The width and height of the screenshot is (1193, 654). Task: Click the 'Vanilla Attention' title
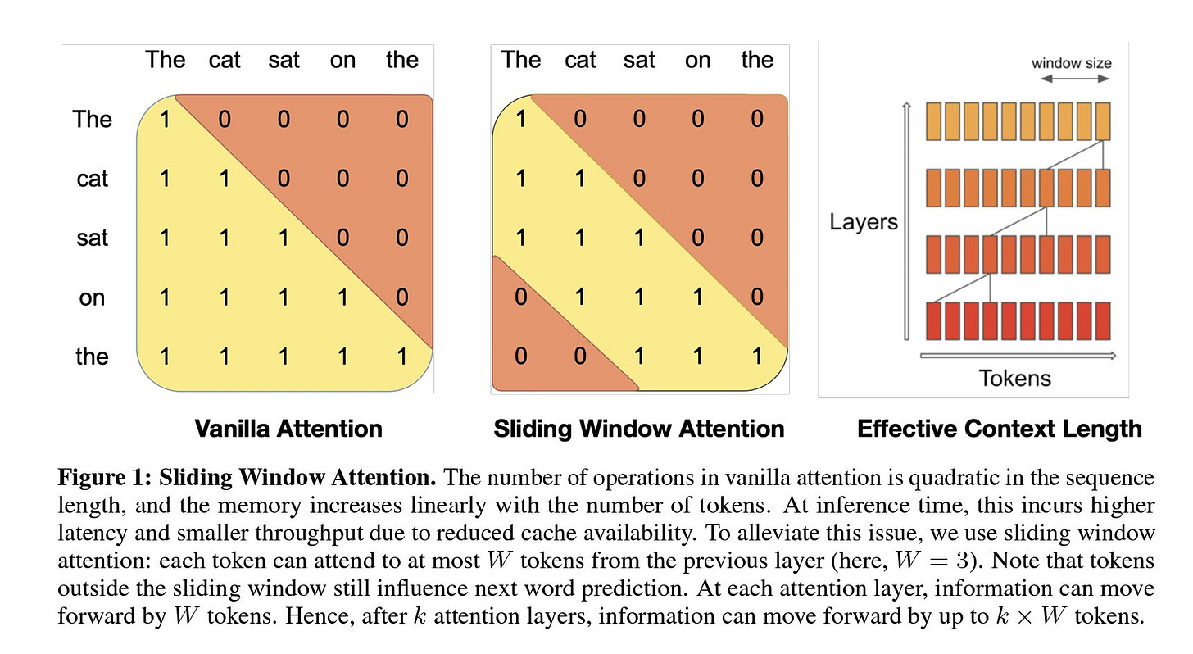288,428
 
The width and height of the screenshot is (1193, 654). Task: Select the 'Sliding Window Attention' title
639,428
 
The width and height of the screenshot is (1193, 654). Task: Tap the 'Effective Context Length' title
999,428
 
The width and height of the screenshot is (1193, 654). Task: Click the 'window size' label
1071,63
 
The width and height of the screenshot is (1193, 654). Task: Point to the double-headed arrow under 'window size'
1075,79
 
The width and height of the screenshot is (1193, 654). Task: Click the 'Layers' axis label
864,221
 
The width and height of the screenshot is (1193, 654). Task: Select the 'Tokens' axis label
1014,378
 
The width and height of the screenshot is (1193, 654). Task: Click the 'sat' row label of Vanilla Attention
92,238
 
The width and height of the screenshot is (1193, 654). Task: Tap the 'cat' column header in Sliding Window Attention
580,60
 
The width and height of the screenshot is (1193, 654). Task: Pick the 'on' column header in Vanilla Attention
342,60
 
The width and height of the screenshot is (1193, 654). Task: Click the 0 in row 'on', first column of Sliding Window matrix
521,297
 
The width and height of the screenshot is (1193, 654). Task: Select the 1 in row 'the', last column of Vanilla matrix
401,357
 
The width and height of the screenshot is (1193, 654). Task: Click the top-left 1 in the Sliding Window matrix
521,119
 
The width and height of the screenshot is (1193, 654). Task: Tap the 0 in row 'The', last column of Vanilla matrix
401,119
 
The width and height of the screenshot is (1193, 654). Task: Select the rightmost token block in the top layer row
1101,120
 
